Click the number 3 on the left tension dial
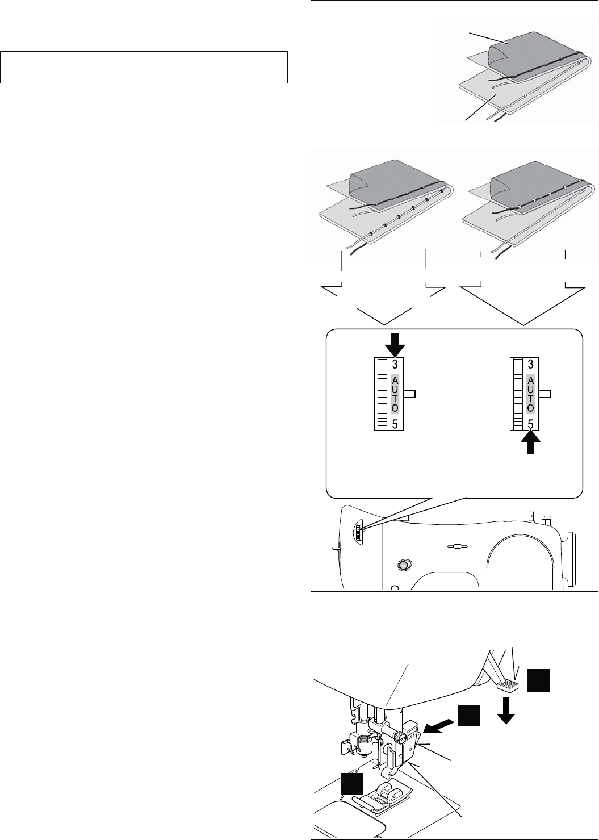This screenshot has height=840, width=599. tap(395, 364)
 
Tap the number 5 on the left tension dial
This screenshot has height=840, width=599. tap(395, 423)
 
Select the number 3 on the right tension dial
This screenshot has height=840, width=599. tap(530, 364)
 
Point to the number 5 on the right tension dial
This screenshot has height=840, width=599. tap(530, 423)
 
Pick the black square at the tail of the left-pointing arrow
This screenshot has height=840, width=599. tap(470, 716)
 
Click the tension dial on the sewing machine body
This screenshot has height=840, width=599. tap(359, 533)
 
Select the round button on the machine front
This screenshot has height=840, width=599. tap(404, 565)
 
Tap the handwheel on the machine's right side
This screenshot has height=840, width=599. tap(571, 557)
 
